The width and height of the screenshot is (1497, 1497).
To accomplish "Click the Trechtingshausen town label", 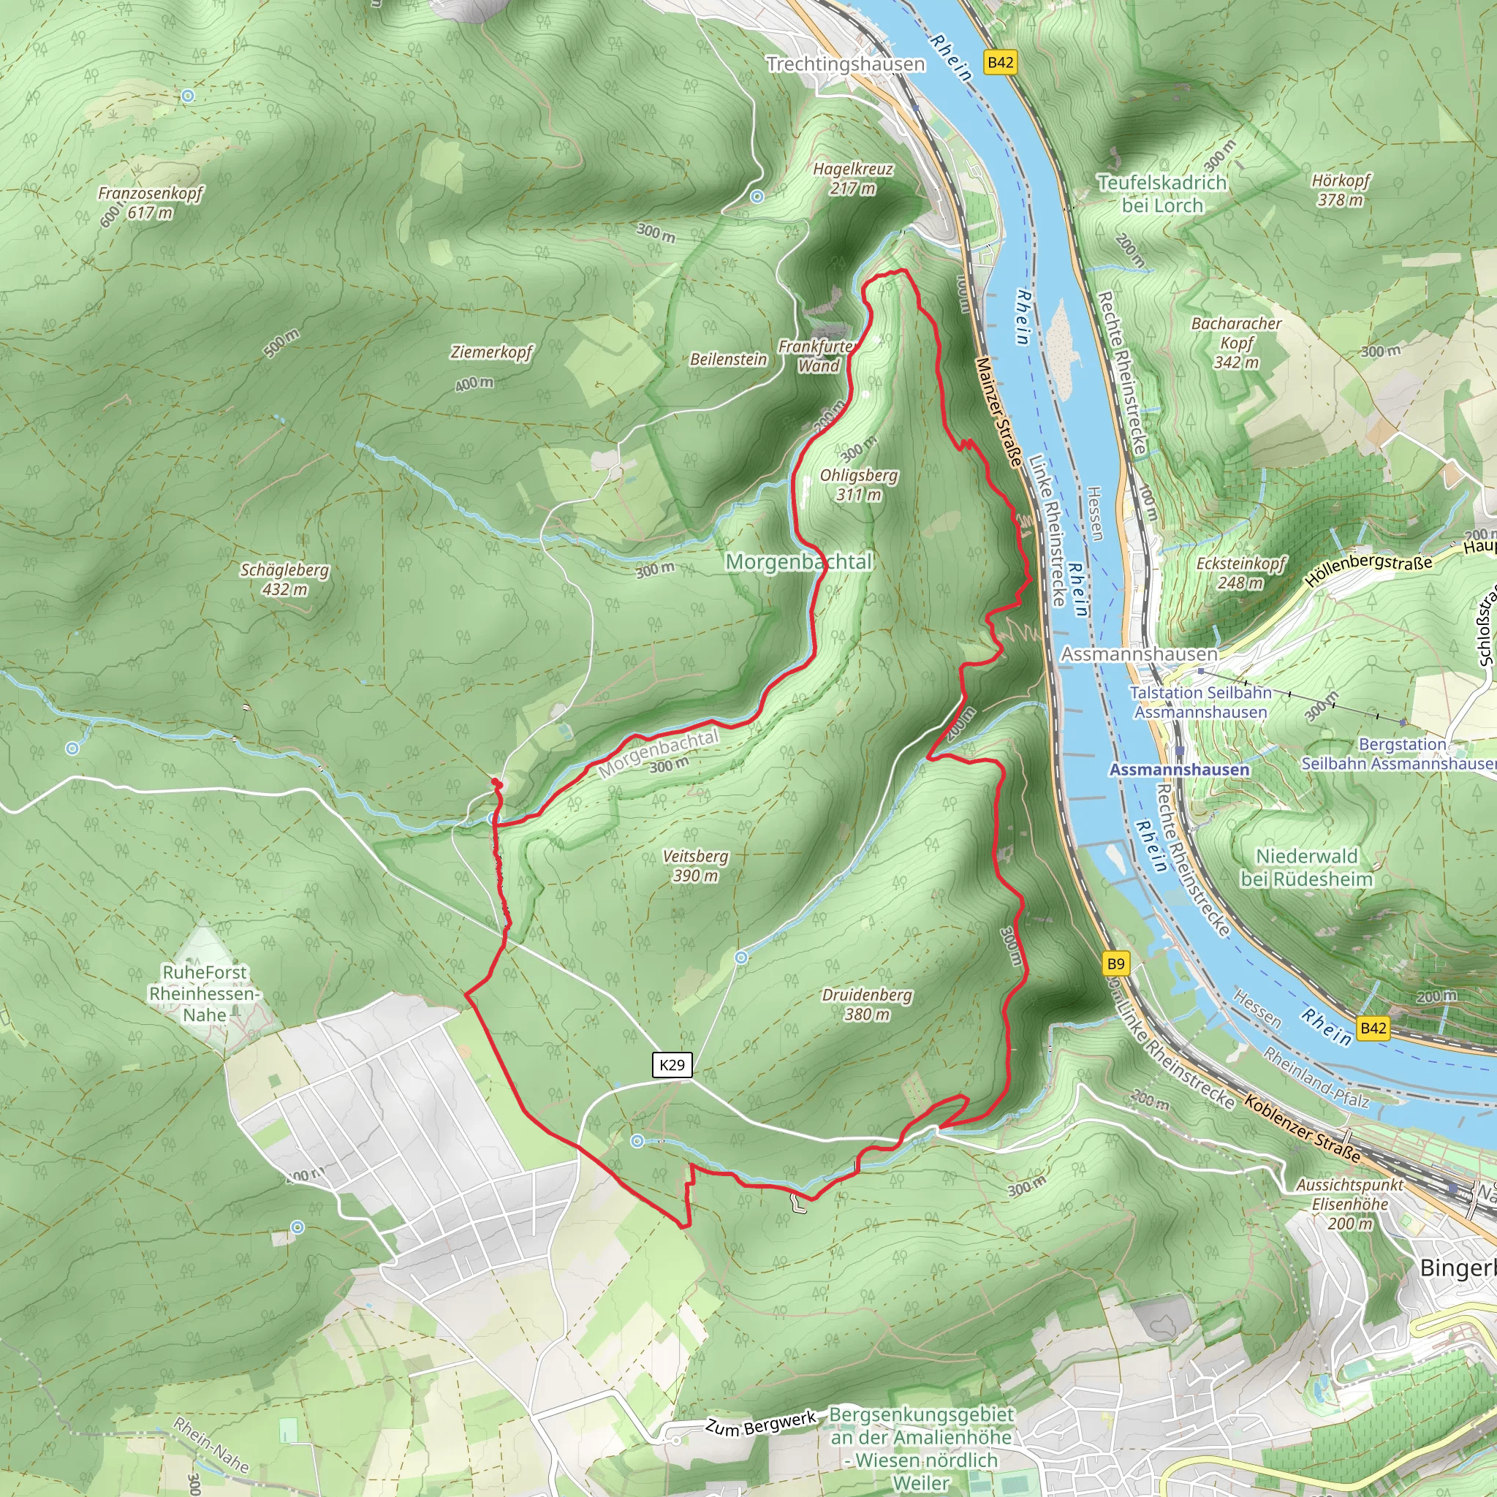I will pos(846,64).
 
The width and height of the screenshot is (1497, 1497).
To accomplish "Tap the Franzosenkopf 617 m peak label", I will pos(150,202).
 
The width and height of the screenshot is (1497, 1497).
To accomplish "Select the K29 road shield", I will pos(672,1064).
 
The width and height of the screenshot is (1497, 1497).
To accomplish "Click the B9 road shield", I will pos(1115,964).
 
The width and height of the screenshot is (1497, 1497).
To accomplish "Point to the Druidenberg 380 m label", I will pos(867,1004).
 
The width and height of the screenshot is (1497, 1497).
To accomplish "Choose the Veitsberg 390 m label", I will pos(695,865).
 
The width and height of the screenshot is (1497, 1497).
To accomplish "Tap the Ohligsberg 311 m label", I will pos(859,485).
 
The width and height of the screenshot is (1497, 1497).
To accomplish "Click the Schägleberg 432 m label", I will pos(284,579).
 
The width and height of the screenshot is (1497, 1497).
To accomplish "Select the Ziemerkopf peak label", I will pos(491,352).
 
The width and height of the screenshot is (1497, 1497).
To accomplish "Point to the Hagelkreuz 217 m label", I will pos(852,178).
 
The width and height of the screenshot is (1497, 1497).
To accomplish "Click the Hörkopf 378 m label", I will pos(1341,190).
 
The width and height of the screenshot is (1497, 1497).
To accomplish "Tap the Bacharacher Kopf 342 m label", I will pos(1236,343).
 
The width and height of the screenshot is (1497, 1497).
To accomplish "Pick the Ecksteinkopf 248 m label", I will pos(1240,572).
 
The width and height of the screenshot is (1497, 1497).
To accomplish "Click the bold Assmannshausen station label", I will pos(1179,770).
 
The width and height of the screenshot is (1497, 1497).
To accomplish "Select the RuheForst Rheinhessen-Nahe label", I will pos(205,993).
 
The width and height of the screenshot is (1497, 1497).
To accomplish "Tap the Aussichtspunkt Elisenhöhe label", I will pos(1350,1204).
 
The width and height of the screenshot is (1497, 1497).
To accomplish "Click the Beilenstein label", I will pos(727,360).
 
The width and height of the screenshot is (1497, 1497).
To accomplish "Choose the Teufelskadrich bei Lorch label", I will pos(1162,194).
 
